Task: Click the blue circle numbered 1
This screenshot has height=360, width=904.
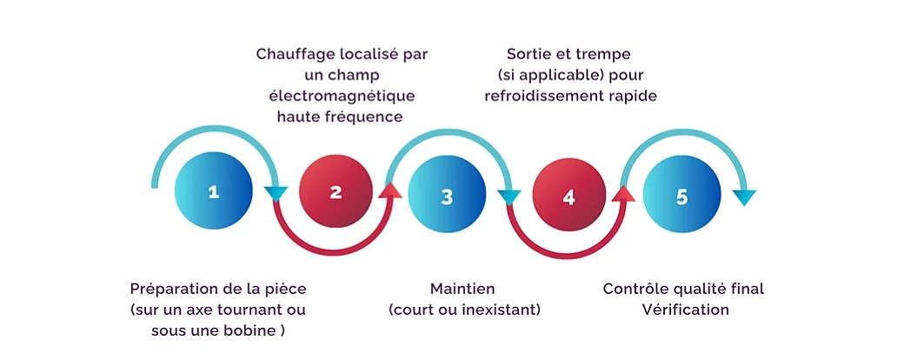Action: point(213,192)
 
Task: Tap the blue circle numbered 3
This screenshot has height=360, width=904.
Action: point(447,196)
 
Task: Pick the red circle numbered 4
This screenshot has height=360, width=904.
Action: point(568,196)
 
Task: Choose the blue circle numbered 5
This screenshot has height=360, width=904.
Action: point(681,196)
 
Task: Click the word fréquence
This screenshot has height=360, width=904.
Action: point(369,117)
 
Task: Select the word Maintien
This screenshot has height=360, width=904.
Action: point(462,289)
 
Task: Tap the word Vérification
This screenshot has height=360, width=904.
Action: point(685,310)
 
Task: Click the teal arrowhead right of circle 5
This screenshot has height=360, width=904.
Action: point(745,197)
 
